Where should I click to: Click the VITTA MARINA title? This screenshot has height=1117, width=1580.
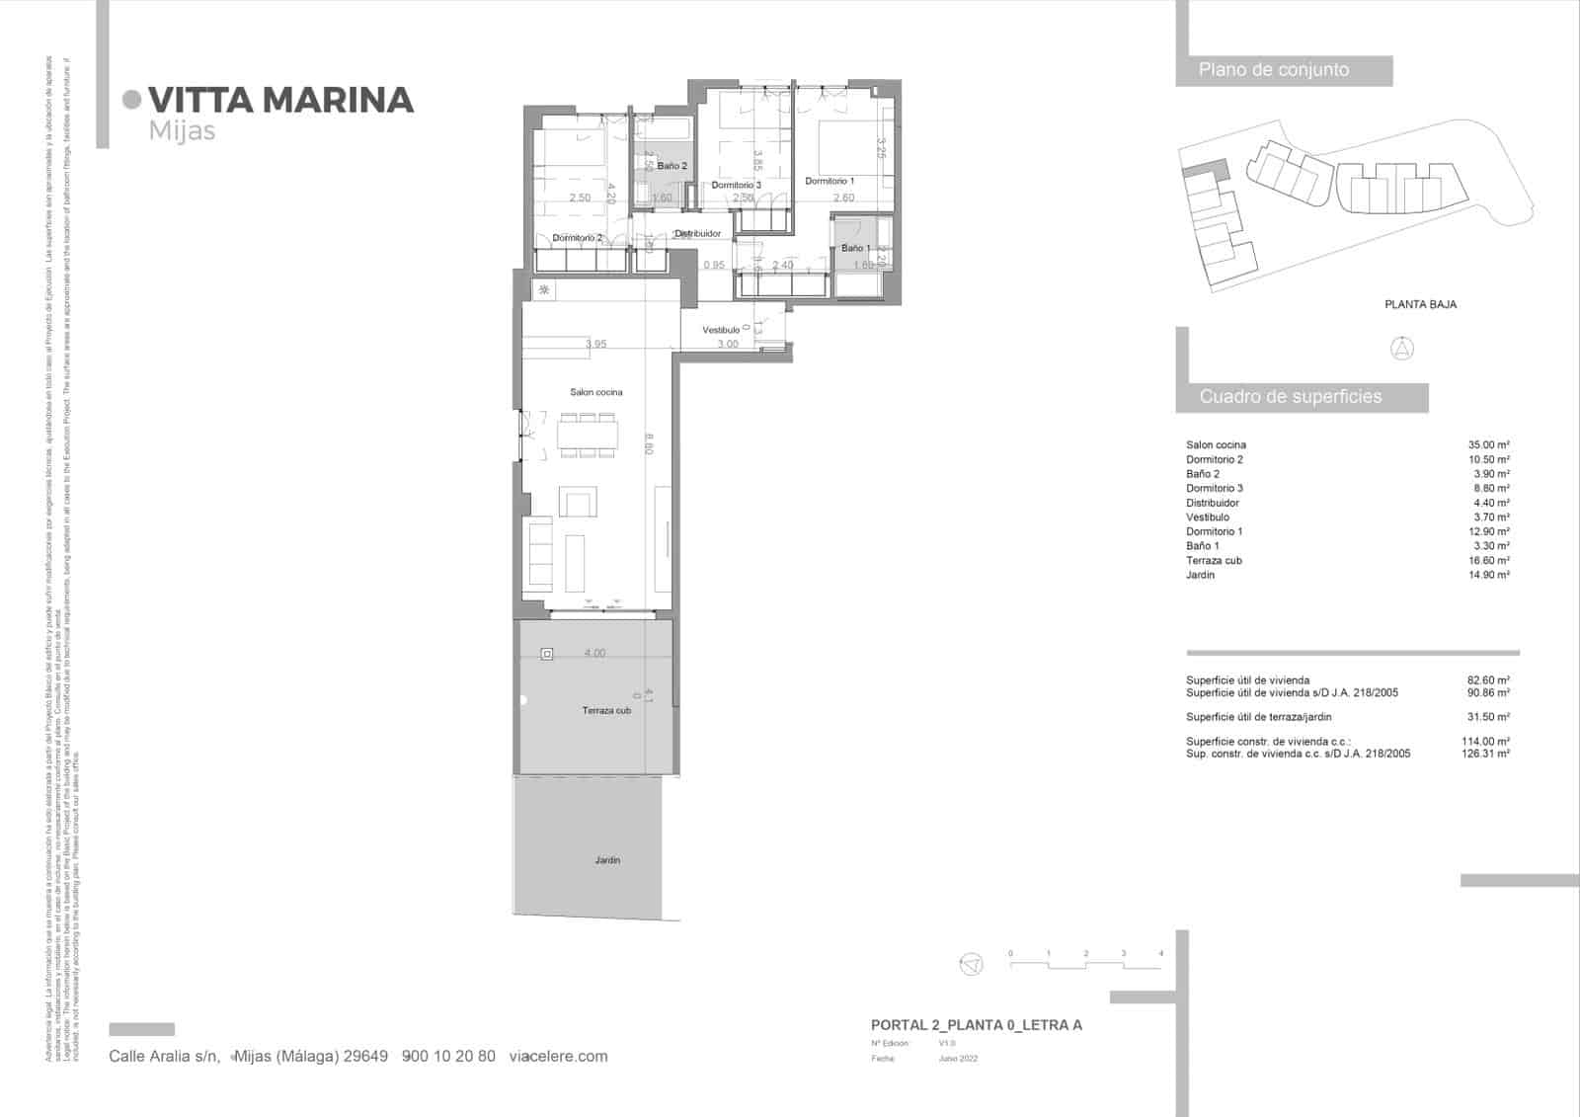pyautogui.click(x=279, y=100)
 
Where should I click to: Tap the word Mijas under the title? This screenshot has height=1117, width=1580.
pyautogui.click(x=182, y=130)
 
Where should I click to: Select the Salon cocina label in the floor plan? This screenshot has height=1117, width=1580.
pyautogui.click(x=595, y=392)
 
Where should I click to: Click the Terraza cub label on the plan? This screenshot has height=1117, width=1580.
pyautogui.click(x=605, y=710)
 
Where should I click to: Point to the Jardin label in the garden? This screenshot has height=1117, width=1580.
pyautogui.click(x=607, y=860)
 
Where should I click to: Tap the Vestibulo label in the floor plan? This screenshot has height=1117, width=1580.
pyautogui.click(x=721, y=330)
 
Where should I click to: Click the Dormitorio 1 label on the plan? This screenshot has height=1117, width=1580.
pyautogui.click(x=829, y=182)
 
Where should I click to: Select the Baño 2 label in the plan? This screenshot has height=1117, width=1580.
pyautogui.click(x=671, y=166)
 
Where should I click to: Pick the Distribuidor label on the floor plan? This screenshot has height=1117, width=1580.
pyautogui.click(x=697, y=234)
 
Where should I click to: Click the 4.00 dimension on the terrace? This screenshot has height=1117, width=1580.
pyautogui.click(x=594, y=653)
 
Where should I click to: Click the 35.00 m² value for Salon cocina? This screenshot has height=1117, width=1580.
pyautogui.click(x=1488, y=445)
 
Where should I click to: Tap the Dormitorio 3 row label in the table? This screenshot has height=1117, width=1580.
pyautogui.click(x=1214, y=488)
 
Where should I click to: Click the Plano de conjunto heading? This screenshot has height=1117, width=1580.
pyautogui.click(x=1273, y=70)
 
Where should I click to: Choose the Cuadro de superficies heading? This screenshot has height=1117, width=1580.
pyautogui.click(x=1290, y=397)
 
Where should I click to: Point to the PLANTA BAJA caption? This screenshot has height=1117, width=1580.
pyautogui.click(x=1420, y=304)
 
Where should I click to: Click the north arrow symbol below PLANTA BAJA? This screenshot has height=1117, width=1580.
pyautogui.click(x=1402, y=348)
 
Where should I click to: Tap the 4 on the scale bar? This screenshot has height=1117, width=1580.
pyautogui.click(x=1160, y=954)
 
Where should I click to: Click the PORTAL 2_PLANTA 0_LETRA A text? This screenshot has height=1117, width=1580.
pyautogui.click(x=976, y=1025)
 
